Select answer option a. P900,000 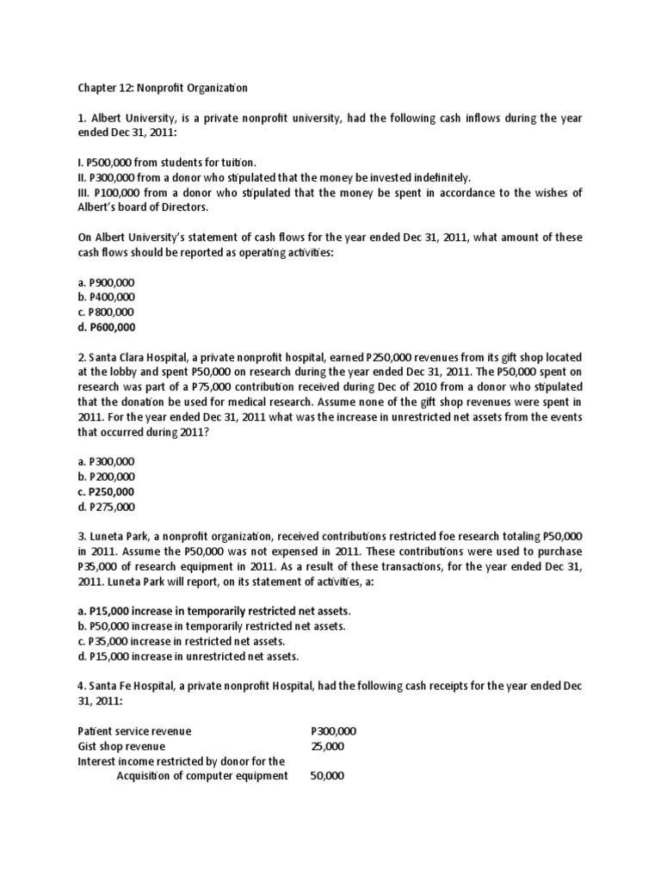tap(106, 281)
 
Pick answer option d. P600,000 tap(106, 328)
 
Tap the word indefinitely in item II tap(433, 178)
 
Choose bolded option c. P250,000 tap(106, 491)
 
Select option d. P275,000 tap(106, 507)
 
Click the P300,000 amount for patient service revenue tap(333, 731)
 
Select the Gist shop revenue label tap(121, 746)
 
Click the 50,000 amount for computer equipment tap(327, 776)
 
